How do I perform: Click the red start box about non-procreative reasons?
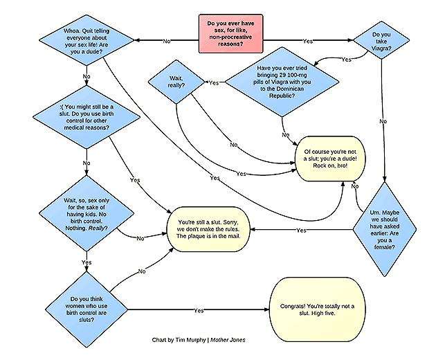pos(230,34)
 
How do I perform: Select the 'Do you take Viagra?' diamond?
pos(381,40)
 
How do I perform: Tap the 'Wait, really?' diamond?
pos(176,82)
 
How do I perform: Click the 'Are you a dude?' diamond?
pos(87,40)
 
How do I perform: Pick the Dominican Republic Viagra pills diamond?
pos(282,82)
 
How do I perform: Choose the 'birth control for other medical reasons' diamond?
pos(87,117)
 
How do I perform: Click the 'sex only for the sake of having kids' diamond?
pos(87,214)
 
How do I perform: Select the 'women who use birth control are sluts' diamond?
pos(87,309)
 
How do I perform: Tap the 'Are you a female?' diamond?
pos(385,230)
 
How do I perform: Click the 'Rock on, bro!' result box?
pos(330,159)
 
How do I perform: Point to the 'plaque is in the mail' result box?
pos(208,229)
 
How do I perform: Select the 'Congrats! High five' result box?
pos(317,309)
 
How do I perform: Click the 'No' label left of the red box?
pos(167,41)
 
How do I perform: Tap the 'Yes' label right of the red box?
pos(308,41)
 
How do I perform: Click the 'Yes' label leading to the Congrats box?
pos(199,310)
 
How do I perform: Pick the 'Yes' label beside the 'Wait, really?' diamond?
pos(214,83)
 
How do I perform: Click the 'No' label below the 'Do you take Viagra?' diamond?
pos(383,121)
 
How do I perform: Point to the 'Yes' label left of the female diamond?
pos(302,231)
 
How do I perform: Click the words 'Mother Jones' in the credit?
pos(228,340)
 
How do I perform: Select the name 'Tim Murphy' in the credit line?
pos(191,340)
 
